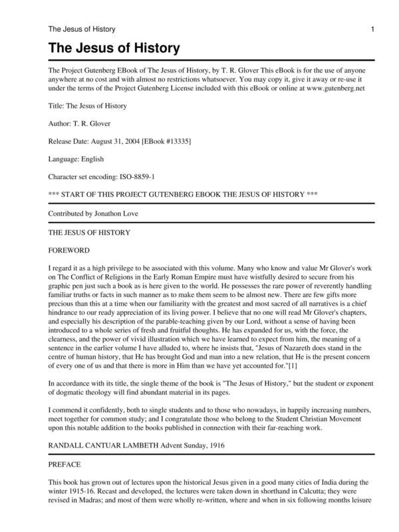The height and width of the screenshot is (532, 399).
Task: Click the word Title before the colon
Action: click(58, 105)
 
